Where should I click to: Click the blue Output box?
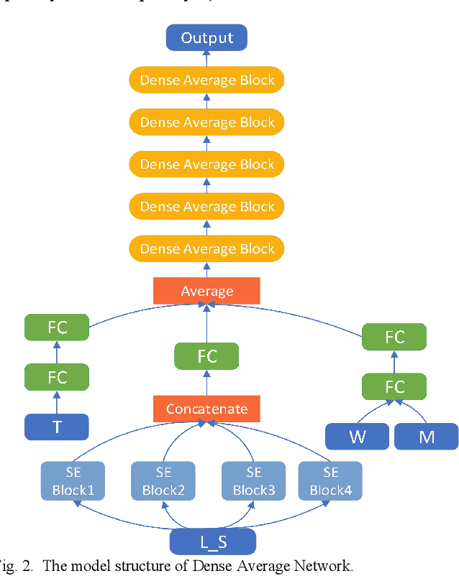pyautogui.click(x=206, y=37)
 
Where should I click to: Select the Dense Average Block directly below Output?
pyautogui.click(x=207, y=80)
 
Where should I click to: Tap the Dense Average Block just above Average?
pyautogui.click(x=207, y=249)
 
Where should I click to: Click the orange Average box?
pyautogui.click(x=207, y=291)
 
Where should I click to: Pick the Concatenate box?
pyautogui.click(x=207, y=409)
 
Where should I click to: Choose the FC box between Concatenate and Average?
pyautogui.click(x=207, y=355)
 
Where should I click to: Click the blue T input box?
pyautogui.click(x=57, y=427)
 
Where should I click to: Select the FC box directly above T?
pyautogui.click(x=57, y=377)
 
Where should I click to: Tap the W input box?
pyautogui.click(x=358, y=436)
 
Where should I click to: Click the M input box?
pyautogui.click(x=427, y=436)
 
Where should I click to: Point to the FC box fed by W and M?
pyautogui.click(x=394, y=387)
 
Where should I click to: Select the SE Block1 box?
pyautogui.click(x=74, y=481)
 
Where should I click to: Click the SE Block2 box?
pyautogui.click(x=163, y=481)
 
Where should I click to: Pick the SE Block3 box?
pyautogui.click(x=253, y=481)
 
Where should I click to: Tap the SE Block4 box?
pyautogui.click(x=330, y=481)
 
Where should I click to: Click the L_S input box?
pyautogui.click(x=212, y=542)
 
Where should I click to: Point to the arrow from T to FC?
pyautogui.click(x=57, y=402)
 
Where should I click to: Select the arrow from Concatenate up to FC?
pyautogui.click(x=207, y=382)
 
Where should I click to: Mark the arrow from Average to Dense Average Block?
pyautogui.click(x=207, y=270)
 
